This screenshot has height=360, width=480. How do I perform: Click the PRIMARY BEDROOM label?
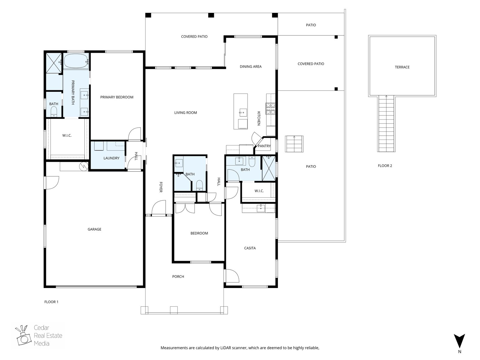point(117,97)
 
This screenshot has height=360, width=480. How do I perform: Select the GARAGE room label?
point(94,229)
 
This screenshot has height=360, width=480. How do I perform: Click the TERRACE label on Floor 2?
point(402,67)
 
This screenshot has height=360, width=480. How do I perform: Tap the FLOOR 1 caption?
point(51,302)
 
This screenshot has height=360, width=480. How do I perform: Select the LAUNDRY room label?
point(112,158)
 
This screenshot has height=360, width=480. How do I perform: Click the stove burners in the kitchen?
point(270,108)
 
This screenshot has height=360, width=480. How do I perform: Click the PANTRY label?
point(264,146)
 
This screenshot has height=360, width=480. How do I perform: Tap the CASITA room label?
point(250,248)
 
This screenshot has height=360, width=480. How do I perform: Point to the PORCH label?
point(178,277)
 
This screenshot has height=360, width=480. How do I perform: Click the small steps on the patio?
point(294,144)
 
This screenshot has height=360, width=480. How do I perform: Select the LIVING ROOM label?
point(186,113)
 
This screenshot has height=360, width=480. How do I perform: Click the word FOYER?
point(161,187)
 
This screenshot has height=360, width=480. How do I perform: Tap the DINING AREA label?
point(250,67)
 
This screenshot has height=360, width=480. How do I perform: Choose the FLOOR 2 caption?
point(385,166)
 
